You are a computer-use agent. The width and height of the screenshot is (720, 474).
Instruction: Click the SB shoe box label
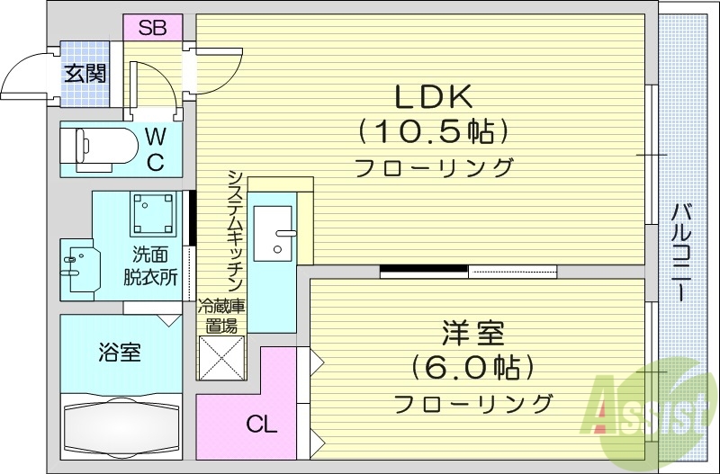[152, 27]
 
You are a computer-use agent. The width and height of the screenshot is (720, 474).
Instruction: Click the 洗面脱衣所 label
[150, 265]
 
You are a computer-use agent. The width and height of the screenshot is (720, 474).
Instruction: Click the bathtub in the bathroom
[122, 429]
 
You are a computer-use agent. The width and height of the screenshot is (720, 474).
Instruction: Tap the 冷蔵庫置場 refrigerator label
[220, 317]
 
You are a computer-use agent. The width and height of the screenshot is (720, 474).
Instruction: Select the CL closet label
[262, 424]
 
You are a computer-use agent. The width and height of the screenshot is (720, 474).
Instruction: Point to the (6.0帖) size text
[472, 368]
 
